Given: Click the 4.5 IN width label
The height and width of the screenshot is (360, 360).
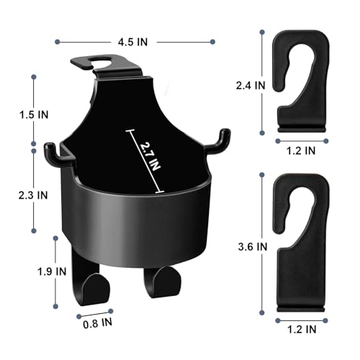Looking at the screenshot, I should click(132, 42).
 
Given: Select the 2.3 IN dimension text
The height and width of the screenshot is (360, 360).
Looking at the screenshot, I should click(34, 194).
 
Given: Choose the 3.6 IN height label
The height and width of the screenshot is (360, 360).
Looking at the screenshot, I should click(253, 245).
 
